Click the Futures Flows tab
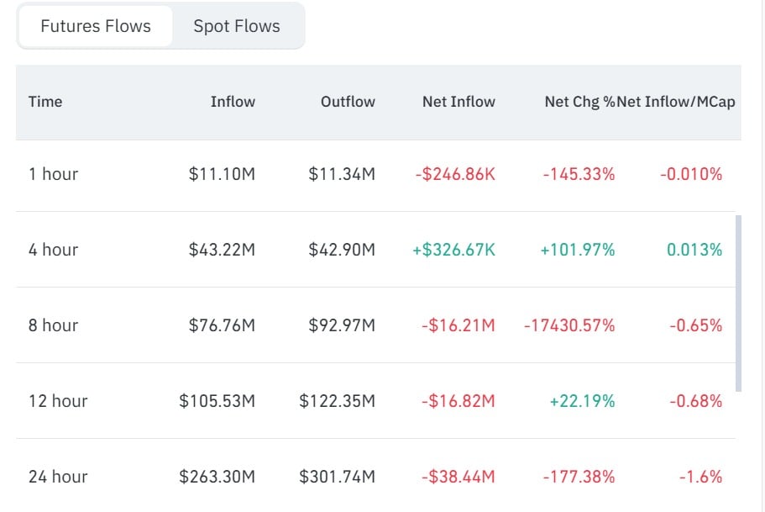pyautogui.click(x=96, y=26)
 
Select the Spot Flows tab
pyautogui.click(x=237, y=26)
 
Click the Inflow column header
pyautogui.click(x=233, y=102)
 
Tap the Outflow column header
pyautogui.click(x=348, y=102)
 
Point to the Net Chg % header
pyautogui.click(x=579, y=102)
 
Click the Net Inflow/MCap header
pyautogui.click(x=676, y=102)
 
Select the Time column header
pyautogui.click(x=45, y=102)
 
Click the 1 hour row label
pyautogui.click(x=53, y=174)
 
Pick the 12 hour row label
pyautogui.click(x=58, y=401)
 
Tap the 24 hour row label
pyautogui.click(x=58, y=477)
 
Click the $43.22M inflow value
pyautogui.click(x=222, y=250)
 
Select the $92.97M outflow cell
pyautogui.click(x=342, y=325)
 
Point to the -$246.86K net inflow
pyautogui.click(x=455, y=174)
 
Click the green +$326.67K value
pyautogui.click(x=453, y=250)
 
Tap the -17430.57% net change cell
pyautogui.click(x=569, y=325)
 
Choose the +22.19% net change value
pyautogui.click(x=582, y=401)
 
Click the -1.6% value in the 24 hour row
pyautogui.click(x=700, y=477)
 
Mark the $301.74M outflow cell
pyautogui.click(x=337, y=477)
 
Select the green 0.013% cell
pyautogui.click(x=694, y=250)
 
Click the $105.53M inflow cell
pyautogui.click(x=217, y=401)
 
